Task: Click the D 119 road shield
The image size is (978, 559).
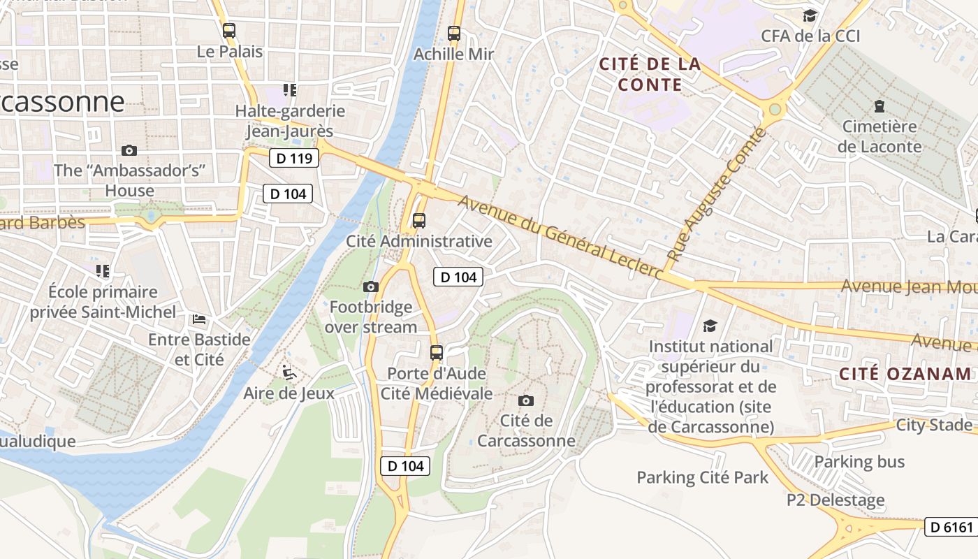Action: (x=294, y=158)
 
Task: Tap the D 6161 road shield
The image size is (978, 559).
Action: (x=951, y=527)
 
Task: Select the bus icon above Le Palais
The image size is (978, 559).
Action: (x=229, y=31)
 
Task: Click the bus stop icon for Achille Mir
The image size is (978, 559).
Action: (x=454, y=33)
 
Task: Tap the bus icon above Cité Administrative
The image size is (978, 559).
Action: (x=419, y=221)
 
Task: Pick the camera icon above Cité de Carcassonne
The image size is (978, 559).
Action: (x=526, y=400)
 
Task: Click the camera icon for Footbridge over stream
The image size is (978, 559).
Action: (x=371, y=286)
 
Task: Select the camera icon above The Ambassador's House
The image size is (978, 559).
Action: (x=129, y=150)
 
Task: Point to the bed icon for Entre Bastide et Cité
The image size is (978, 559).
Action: (x=199, y=319)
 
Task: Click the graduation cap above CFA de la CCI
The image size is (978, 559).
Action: (x=810, y=15)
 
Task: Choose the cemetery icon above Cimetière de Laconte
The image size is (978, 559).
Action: (x=880, y=106)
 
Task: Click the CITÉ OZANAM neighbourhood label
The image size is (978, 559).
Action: (x=905, y=373)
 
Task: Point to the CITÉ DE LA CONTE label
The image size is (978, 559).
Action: (x=650, y=74)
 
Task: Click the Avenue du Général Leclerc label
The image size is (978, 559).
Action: (x=561, y=237)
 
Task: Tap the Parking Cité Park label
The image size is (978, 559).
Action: (x=702, y=478)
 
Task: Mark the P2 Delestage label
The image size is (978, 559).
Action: (x=835, y=500)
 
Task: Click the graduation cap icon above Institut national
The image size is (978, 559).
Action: (x=710, y=326)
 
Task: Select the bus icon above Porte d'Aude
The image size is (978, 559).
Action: (x=437, y=352)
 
